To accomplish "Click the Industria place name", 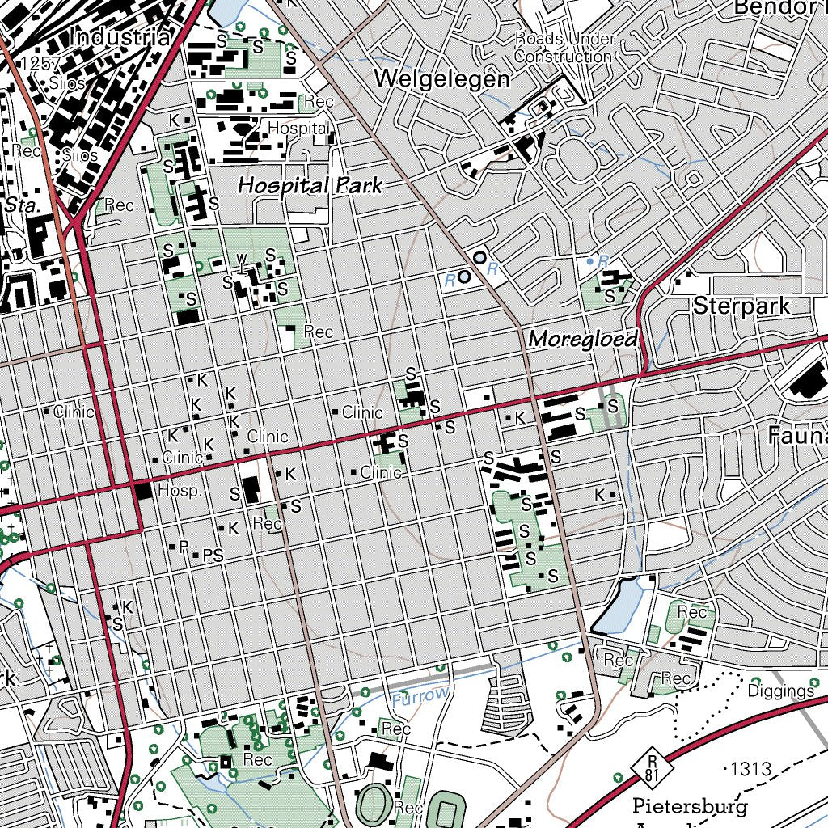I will click(x=120, y=36).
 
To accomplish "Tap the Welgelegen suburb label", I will click(x=442, y=79).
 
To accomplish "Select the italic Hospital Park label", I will click(x=310, y=185).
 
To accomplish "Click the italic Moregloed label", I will click(x=582, y=339).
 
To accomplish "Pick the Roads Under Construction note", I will click(x=564, y=49).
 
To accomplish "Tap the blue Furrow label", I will click(x=419, y=695).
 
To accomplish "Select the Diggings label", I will click(x=780, y=691).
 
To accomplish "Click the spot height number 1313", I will click(x=750, y=768).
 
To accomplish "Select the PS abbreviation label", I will click(x=213, y=556).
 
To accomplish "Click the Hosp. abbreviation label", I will click(x=180, y=491).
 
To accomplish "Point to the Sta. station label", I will click(x=22, y=205).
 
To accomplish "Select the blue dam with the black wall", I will click(x=619, y=606).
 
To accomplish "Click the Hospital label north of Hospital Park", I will click(x=298, y=128).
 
